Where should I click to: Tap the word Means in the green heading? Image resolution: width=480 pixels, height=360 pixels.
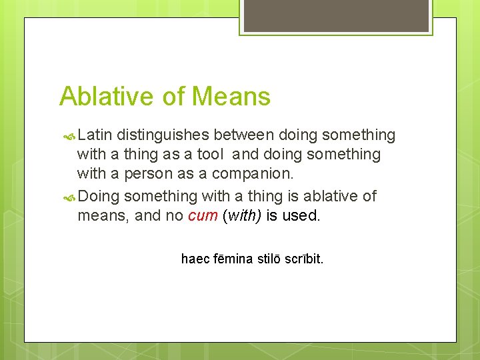click(231, 97)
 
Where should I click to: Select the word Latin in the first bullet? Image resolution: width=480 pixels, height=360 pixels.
click(95, 135)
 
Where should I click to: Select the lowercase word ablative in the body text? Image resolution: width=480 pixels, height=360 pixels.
click(327, 196)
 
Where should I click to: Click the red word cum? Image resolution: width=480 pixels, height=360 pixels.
click(203, 216)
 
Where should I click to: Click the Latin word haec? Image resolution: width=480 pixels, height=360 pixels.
click(195, 259)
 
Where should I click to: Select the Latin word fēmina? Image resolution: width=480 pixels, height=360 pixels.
click(233, 259)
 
